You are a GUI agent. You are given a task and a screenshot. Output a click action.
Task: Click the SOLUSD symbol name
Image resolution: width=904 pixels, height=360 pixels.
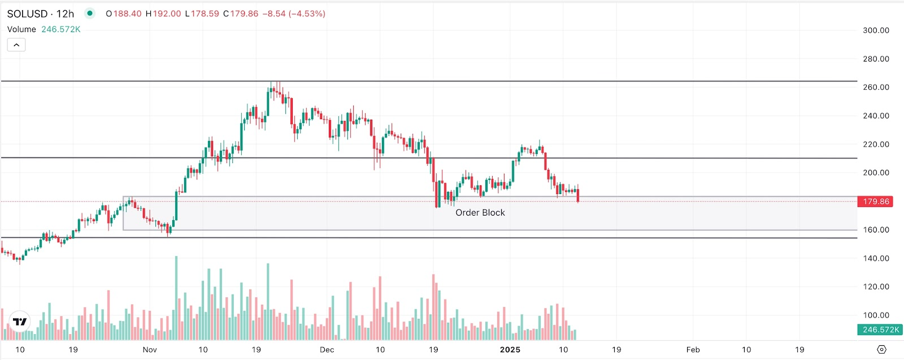point(27,14)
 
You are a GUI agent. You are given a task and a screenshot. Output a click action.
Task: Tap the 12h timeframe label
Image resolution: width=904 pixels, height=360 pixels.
point(65,14)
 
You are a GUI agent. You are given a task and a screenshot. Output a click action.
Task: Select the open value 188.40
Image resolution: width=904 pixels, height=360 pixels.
point(127,14)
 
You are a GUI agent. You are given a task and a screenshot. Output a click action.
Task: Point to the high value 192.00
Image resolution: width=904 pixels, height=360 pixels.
point(167,14)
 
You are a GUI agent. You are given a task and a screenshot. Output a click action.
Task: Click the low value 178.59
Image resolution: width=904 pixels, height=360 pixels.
point(205,14)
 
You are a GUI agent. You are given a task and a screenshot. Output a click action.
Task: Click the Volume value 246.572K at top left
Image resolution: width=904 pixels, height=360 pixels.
point(61,29)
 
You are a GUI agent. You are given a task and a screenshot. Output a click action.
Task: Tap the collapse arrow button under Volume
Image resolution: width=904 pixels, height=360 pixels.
point(16,45)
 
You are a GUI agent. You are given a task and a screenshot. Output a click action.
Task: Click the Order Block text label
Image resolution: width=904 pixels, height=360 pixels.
point(480,213)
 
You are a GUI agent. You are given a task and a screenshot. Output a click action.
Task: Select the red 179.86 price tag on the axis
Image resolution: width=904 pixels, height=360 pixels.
point(875,201)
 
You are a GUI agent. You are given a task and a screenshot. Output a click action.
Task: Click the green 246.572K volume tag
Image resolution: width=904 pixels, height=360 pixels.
point(875,330)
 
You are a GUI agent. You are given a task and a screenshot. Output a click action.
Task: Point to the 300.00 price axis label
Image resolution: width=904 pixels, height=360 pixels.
point(876,30)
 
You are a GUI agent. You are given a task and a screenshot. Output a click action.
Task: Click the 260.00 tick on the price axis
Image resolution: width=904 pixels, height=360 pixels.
point(876,87)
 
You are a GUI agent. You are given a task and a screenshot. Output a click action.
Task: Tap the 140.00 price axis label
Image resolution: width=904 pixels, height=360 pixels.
point(876,258)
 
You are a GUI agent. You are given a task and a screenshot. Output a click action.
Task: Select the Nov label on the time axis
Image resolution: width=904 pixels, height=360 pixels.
point(150,350)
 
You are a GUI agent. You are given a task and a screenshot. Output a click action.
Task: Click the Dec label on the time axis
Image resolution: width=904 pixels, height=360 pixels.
point(327,350)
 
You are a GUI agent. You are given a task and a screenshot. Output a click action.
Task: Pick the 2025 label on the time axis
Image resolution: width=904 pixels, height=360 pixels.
point(510,350)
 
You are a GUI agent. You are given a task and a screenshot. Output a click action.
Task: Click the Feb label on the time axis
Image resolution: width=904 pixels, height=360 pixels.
point(693,350)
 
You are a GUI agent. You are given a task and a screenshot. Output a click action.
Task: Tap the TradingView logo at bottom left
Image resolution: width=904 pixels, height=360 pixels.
point(20,322)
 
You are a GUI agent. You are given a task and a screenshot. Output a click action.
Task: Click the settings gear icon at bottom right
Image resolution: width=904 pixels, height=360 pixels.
point(881,350)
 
